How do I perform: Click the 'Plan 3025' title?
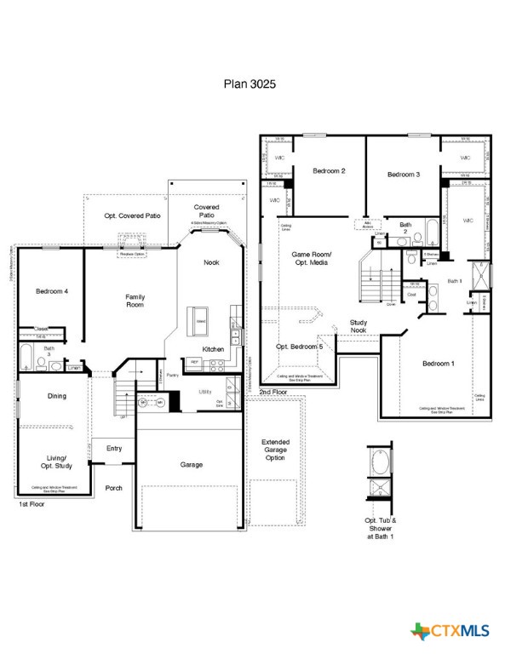[250, 84]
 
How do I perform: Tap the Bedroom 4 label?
[52, 292]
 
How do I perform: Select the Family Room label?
[135, 301]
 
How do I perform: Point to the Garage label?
[191, 465]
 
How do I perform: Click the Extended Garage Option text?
[274, 450]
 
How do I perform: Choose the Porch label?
[113, 488]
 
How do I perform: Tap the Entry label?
[113, 449]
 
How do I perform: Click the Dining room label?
[57, 396]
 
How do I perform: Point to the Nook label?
[211, 262]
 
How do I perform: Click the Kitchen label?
[213, 349]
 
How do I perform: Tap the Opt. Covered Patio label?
[132, 216]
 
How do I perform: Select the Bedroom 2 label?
[329, 171]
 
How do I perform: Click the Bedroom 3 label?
[404, 174]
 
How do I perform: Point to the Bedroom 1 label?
[438, 364]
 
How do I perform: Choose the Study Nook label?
[359, 326]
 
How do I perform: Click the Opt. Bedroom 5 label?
[299, 347]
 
